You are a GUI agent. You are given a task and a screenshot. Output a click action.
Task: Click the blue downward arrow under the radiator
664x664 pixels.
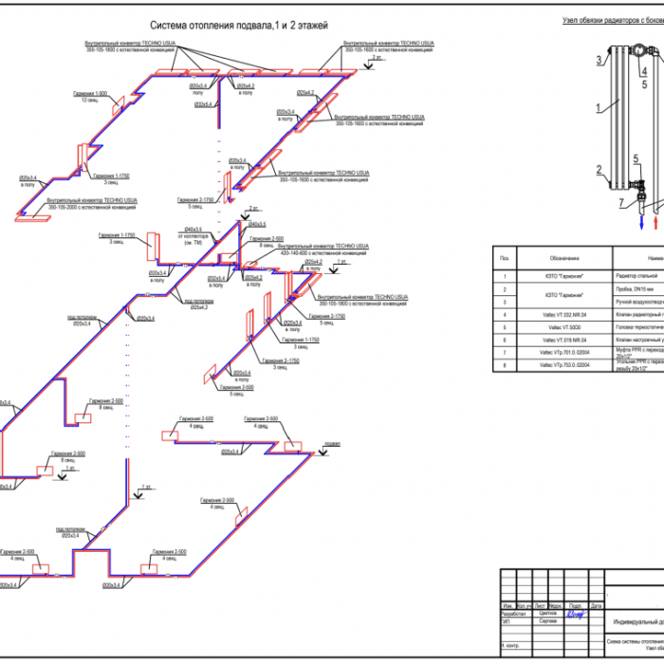617,219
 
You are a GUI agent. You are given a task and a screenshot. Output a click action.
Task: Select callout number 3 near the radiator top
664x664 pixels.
599,60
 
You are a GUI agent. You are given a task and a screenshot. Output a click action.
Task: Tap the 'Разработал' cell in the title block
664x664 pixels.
514,613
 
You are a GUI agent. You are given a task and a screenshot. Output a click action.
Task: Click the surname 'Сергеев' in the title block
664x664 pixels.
547,620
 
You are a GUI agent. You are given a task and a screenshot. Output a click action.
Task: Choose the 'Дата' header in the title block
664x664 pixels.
596,605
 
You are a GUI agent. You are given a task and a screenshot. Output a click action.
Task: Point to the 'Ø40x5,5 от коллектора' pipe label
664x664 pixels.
197,234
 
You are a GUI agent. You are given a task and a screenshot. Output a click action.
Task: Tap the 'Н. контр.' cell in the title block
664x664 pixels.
513,645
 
